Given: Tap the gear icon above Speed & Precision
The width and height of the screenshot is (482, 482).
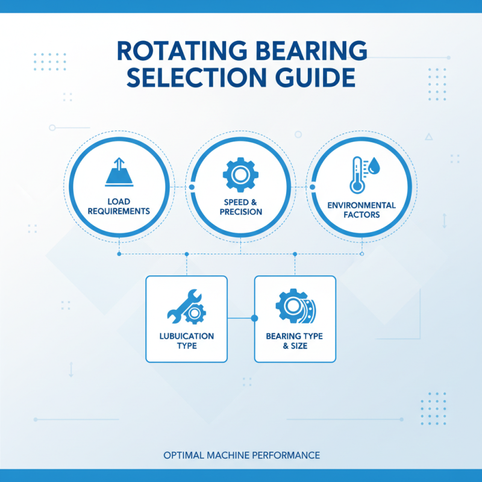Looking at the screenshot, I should click(240, 175).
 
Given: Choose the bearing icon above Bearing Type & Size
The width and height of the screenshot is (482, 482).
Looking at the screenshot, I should click(295, 307).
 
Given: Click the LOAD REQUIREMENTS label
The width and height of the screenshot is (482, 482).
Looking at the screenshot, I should click(119, 207).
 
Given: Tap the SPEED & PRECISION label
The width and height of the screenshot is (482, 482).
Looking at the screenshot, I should click(240, 207).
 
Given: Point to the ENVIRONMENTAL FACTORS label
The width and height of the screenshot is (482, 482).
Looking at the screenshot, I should click(361, 210).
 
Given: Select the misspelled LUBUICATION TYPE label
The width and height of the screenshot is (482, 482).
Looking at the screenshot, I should click(187, 340).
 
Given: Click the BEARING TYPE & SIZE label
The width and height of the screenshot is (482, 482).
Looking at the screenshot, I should click(295, 340).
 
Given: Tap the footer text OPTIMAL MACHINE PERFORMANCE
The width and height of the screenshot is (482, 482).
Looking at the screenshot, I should click(241, 455).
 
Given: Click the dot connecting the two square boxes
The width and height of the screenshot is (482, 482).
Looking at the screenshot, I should click(254, 318).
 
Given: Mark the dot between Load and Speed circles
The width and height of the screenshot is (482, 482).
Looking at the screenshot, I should click(192, 187).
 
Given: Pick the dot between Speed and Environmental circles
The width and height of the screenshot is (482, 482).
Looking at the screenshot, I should click(312, 187).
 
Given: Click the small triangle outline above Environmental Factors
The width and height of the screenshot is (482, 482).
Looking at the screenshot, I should click(428, 137).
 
